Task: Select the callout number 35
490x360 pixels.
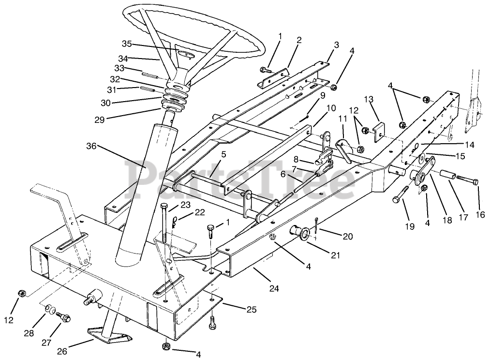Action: [x=127, y=44]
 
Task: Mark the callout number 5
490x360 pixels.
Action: [x=224, y=155]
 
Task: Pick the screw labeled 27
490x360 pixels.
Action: [x=64, y=317]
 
